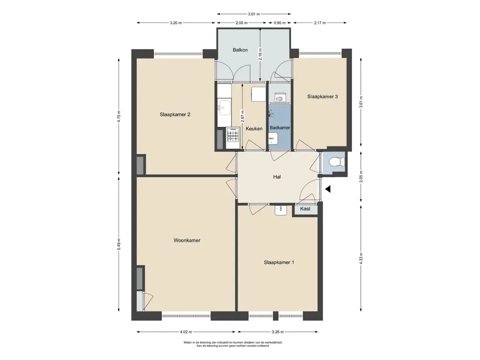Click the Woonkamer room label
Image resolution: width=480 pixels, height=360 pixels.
[187, 240]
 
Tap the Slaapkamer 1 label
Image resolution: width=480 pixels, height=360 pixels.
[279, 262]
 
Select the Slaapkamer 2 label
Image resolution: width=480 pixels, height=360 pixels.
[175, 114]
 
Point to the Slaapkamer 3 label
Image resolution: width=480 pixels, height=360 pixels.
[322, 97]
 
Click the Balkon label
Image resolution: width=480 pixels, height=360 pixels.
[240, 50]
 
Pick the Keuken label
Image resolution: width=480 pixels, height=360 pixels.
[254, 128]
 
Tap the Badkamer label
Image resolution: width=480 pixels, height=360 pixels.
[280, 127]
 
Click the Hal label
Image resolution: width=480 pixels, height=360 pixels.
[277, 177]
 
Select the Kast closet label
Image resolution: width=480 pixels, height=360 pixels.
[305, 209]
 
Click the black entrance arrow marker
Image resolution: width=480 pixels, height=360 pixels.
[328, 189]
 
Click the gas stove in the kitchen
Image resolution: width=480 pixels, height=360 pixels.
[232, 135]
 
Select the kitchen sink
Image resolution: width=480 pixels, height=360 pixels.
[224, 108]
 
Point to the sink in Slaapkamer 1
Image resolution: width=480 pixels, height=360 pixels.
[280, 210]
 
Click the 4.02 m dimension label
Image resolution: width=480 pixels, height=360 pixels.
[186, 332]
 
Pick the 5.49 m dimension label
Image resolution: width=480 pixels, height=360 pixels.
[119, 244]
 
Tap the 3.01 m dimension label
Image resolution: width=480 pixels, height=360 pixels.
[254, 14]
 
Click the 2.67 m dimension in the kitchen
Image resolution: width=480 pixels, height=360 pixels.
[242, 116]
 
